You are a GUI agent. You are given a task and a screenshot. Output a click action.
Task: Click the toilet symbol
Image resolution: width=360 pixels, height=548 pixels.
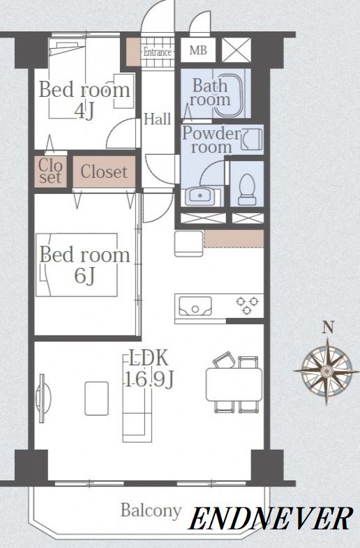tap(247, 189)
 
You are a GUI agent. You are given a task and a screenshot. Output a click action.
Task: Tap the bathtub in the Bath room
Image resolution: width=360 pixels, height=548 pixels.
tap(229, 94)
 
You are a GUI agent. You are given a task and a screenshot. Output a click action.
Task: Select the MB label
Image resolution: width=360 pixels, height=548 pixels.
tap(198, 50)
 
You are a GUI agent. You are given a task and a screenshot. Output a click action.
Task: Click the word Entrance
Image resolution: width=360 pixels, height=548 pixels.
tap(158, 52)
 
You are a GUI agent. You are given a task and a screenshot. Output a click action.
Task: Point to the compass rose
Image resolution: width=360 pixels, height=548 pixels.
tap(327, 370)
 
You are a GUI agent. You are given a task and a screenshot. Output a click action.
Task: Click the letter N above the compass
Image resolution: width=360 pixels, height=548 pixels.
tap(327, 328)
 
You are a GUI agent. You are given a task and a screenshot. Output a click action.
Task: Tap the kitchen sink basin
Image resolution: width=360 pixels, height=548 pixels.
tap(195, 306)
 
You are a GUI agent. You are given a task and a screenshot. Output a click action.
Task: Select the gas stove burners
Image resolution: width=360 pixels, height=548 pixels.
tap(248, 305)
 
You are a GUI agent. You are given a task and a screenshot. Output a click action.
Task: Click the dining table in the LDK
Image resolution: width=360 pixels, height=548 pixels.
tap(234, 384)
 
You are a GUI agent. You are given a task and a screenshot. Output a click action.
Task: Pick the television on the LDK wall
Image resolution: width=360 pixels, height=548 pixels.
tap(43, 398)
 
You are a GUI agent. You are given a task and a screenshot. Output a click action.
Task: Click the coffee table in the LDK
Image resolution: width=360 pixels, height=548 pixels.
tap(96, 398)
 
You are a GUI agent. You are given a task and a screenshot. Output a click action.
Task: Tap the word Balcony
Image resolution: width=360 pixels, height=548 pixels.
tap(151, 511)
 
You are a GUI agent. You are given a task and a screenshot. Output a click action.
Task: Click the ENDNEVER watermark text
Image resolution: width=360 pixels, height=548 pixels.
tap(271, 519)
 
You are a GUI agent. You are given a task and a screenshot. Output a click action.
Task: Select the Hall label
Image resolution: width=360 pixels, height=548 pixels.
tap(158, 119)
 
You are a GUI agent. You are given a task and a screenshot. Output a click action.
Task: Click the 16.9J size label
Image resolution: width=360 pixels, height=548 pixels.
tap(149, 379)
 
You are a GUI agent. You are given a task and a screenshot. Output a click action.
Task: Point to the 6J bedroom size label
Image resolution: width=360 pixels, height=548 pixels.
tap(84, 276)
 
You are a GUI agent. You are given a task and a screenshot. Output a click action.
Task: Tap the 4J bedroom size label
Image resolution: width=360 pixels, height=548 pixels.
tap(84, 112)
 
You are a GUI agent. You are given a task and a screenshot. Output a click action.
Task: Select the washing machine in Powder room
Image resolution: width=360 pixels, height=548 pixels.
tap(252, 139)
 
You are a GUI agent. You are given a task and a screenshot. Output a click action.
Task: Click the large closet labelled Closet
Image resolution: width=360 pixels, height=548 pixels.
tap(104, 172)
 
